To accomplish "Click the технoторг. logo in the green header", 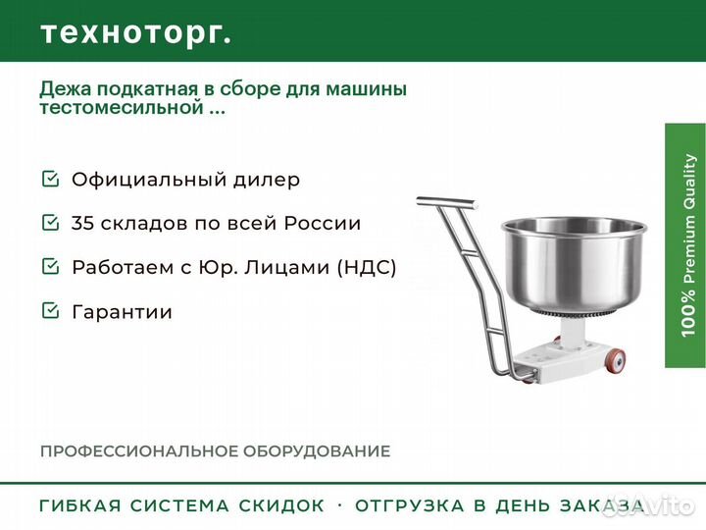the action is [x=136, y=33].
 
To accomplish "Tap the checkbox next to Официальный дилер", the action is [x=50, y=179].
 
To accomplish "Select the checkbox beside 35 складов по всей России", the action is [x=50, y=222].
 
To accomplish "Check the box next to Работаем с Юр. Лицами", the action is [x=50, y=266].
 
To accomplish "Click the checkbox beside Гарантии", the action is [x=50, y=310].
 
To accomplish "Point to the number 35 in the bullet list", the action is [x=82, y=223].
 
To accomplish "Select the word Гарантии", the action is [x=122, y=312].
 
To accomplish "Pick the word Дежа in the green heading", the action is [x=66, y=88].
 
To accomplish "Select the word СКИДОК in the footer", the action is [x=281, y=505].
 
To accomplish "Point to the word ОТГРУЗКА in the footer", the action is [x=409, y=505].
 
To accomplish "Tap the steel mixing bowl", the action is [x=574, y=266].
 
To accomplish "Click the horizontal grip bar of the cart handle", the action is [x=447, y=202].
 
